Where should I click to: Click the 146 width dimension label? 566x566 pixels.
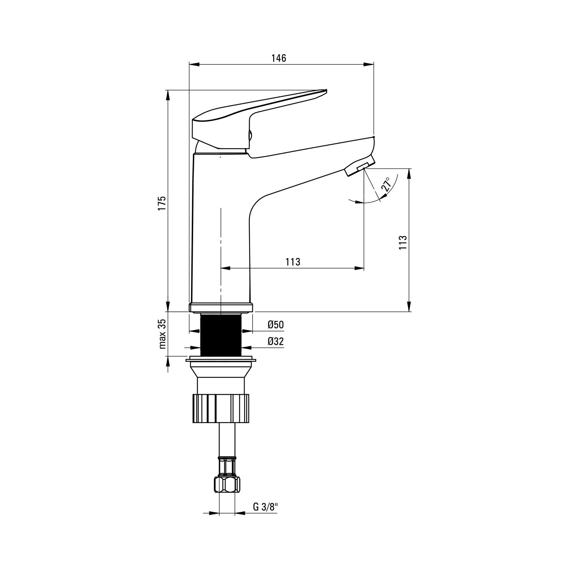[279, 58]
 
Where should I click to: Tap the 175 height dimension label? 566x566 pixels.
[162, 203]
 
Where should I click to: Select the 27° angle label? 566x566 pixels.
[386, 184]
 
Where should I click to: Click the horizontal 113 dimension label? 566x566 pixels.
[293, 262]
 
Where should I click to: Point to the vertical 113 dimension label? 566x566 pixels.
[403, 242]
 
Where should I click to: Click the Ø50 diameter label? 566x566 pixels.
[276, 325]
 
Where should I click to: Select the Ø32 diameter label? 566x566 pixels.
[276, 341]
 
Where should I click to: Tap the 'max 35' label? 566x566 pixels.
[162, 334]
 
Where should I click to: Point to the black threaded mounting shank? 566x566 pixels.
[221, 334]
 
